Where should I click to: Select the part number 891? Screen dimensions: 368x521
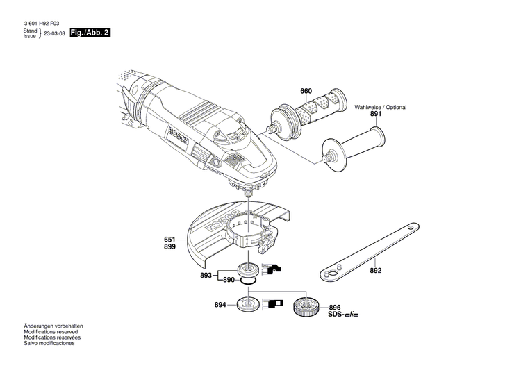pos(376,114)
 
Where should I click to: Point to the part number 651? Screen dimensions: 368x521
pos(169,240)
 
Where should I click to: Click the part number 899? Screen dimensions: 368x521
pos(169,246)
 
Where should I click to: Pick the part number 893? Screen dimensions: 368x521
pos(206,274)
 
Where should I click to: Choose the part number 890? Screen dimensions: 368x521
pos(229,280)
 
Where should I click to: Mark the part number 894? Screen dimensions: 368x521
pos(219,305)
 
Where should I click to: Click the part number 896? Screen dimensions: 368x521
pos(334,306)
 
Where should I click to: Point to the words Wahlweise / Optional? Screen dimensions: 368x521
pos(380,107)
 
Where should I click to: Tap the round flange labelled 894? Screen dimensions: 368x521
pos(247,304)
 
